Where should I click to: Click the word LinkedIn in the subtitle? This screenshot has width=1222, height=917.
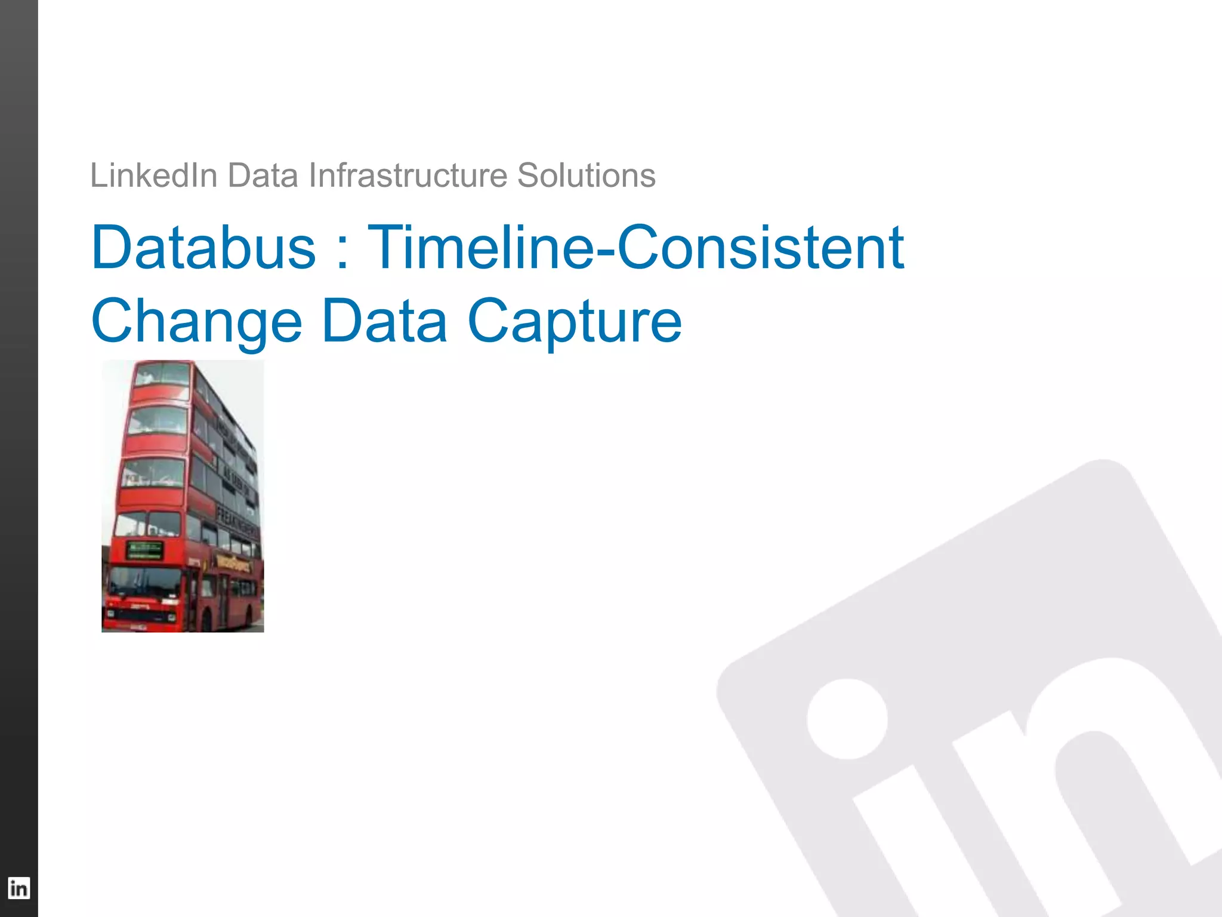tap(153, 176)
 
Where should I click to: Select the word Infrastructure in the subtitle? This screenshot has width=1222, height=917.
tap(408, 176)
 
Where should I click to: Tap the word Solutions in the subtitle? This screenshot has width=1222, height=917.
tap(586, 176)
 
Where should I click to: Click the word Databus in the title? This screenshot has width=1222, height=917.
tap(203, 247)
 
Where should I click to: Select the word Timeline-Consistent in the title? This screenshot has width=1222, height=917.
tap(635, 247)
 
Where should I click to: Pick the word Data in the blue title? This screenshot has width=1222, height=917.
tap(384, 321)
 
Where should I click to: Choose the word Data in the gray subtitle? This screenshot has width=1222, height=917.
tap(263, 176)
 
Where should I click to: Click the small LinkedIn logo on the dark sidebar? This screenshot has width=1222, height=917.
tap(18, 888)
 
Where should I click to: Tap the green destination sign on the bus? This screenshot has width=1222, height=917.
tap(145, 550)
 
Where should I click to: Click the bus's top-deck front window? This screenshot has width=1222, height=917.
tap(162, 374)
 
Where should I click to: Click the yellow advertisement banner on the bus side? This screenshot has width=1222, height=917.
tap(233, 561)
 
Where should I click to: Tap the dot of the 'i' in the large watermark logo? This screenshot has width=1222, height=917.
tap(847, 719)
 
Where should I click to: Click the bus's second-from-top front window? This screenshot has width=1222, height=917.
tap(156, 420)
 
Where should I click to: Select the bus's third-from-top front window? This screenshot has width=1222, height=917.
tap(153, 472)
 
